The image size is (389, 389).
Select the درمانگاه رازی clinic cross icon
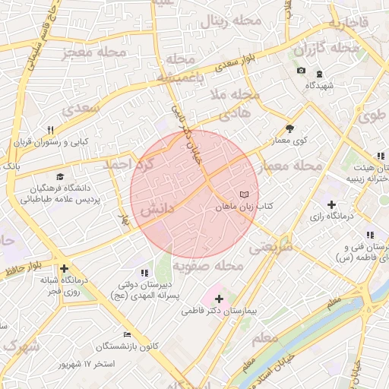331,204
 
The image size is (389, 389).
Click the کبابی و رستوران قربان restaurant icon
50,130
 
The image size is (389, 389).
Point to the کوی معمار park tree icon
289,128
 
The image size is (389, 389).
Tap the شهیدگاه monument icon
318,73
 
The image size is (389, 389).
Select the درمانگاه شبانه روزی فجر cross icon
64,268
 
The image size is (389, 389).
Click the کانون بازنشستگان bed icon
128,334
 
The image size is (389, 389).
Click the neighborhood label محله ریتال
230,21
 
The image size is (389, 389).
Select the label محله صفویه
207,267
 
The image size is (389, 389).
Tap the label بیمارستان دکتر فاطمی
221,312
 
